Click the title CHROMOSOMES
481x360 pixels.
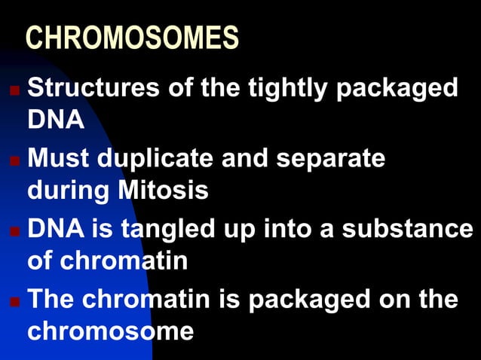click(133, 38)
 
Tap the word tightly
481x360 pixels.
click(290, 88)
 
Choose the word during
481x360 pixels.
click(67, 191)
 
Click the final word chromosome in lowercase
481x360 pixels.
click(110, 331)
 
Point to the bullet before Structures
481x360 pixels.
click(14, 90)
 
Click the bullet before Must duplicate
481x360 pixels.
click(14, 160)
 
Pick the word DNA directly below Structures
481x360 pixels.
click(56, 121)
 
